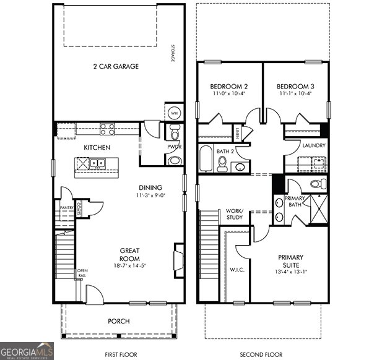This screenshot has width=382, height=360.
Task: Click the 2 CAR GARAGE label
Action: pyautogui.click(x=116, y=66)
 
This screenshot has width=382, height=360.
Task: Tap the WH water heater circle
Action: pyautogui.click(x=173, y=113)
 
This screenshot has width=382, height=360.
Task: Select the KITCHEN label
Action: pyautogui.click(x=97, y=147)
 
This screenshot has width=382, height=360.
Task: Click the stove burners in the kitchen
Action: pyautogui.click(x=108, y=129)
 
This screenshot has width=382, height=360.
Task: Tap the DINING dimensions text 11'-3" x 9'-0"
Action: pyautogui.click(x=150, y=195)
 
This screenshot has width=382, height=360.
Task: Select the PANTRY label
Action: pyautogui.click(x=67, y=208)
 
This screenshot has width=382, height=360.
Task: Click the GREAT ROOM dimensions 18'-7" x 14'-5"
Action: pyautogui.click(x=129, y=265)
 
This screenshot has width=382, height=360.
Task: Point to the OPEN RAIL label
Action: pyautogui.click(x=82, y=273)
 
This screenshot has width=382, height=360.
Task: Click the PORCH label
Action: pyautogui.click(x=118, y=320)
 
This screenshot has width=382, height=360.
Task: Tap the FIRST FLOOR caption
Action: pyautogui.click(x=115, y=354)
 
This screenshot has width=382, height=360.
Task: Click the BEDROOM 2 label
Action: pyautogui.click(x=229, y=86)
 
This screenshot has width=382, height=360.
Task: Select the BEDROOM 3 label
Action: pyautogui.click(x=293, y=86)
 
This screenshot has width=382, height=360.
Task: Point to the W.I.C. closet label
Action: pyautogui.click(x=238, y=268)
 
